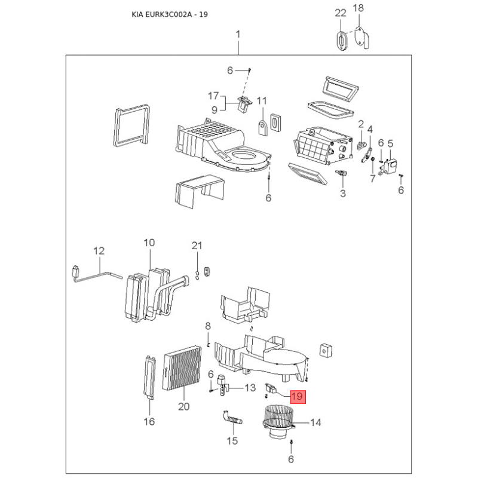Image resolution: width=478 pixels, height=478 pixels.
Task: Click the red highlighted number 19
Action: click(297, 396)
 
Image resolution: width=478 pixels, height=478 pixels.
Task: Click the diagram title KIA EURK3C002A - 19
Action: click(170, 14)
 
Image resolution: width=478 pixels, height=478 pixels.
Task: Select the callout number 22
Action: click(341, 13)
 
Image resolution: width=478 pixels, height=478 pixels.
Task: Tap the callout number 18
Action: click(358, 8)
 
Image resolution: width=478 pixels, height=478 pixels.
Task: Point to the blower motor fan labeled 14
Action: click(278, 422)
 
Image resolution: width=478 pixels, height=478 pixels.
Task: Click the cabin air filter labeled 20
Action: click(182, 369)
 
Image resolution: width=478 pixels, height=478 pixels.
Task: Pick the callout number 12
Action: click(99, 251)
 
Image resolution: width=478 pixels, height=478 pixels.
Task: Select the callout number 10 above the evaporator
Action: click(149, 243)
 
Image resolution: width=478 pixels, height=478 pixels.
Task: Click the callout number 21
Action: click(197, 246)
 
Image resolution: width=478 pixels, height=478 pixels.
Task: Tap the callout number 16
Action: click(149, 422)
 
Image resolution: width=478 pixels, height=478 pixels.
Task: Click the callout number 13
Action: click(250, 388)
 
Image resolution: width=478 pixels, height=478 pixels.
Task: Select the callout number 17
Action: click(213, 96)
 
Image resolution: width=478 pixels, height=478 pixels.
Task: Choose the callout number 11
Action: click(262, 101)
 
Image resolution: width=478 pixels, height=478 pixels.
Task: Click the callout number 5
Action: click(390, 143)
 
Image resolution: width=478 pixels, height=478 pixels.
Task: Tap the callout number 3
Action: click(343, 193)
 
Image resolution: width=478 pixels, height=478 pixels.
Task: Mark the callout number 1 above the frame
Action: click(238, 34)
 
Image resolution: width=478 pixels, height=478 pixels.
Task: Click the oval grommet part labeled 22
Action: click(342, 40)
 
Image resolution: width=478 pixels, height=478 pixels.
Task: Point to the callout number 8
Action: click(208, 326)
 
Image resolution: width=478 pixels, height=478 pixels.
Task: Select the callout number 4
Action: click(370, 130)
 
